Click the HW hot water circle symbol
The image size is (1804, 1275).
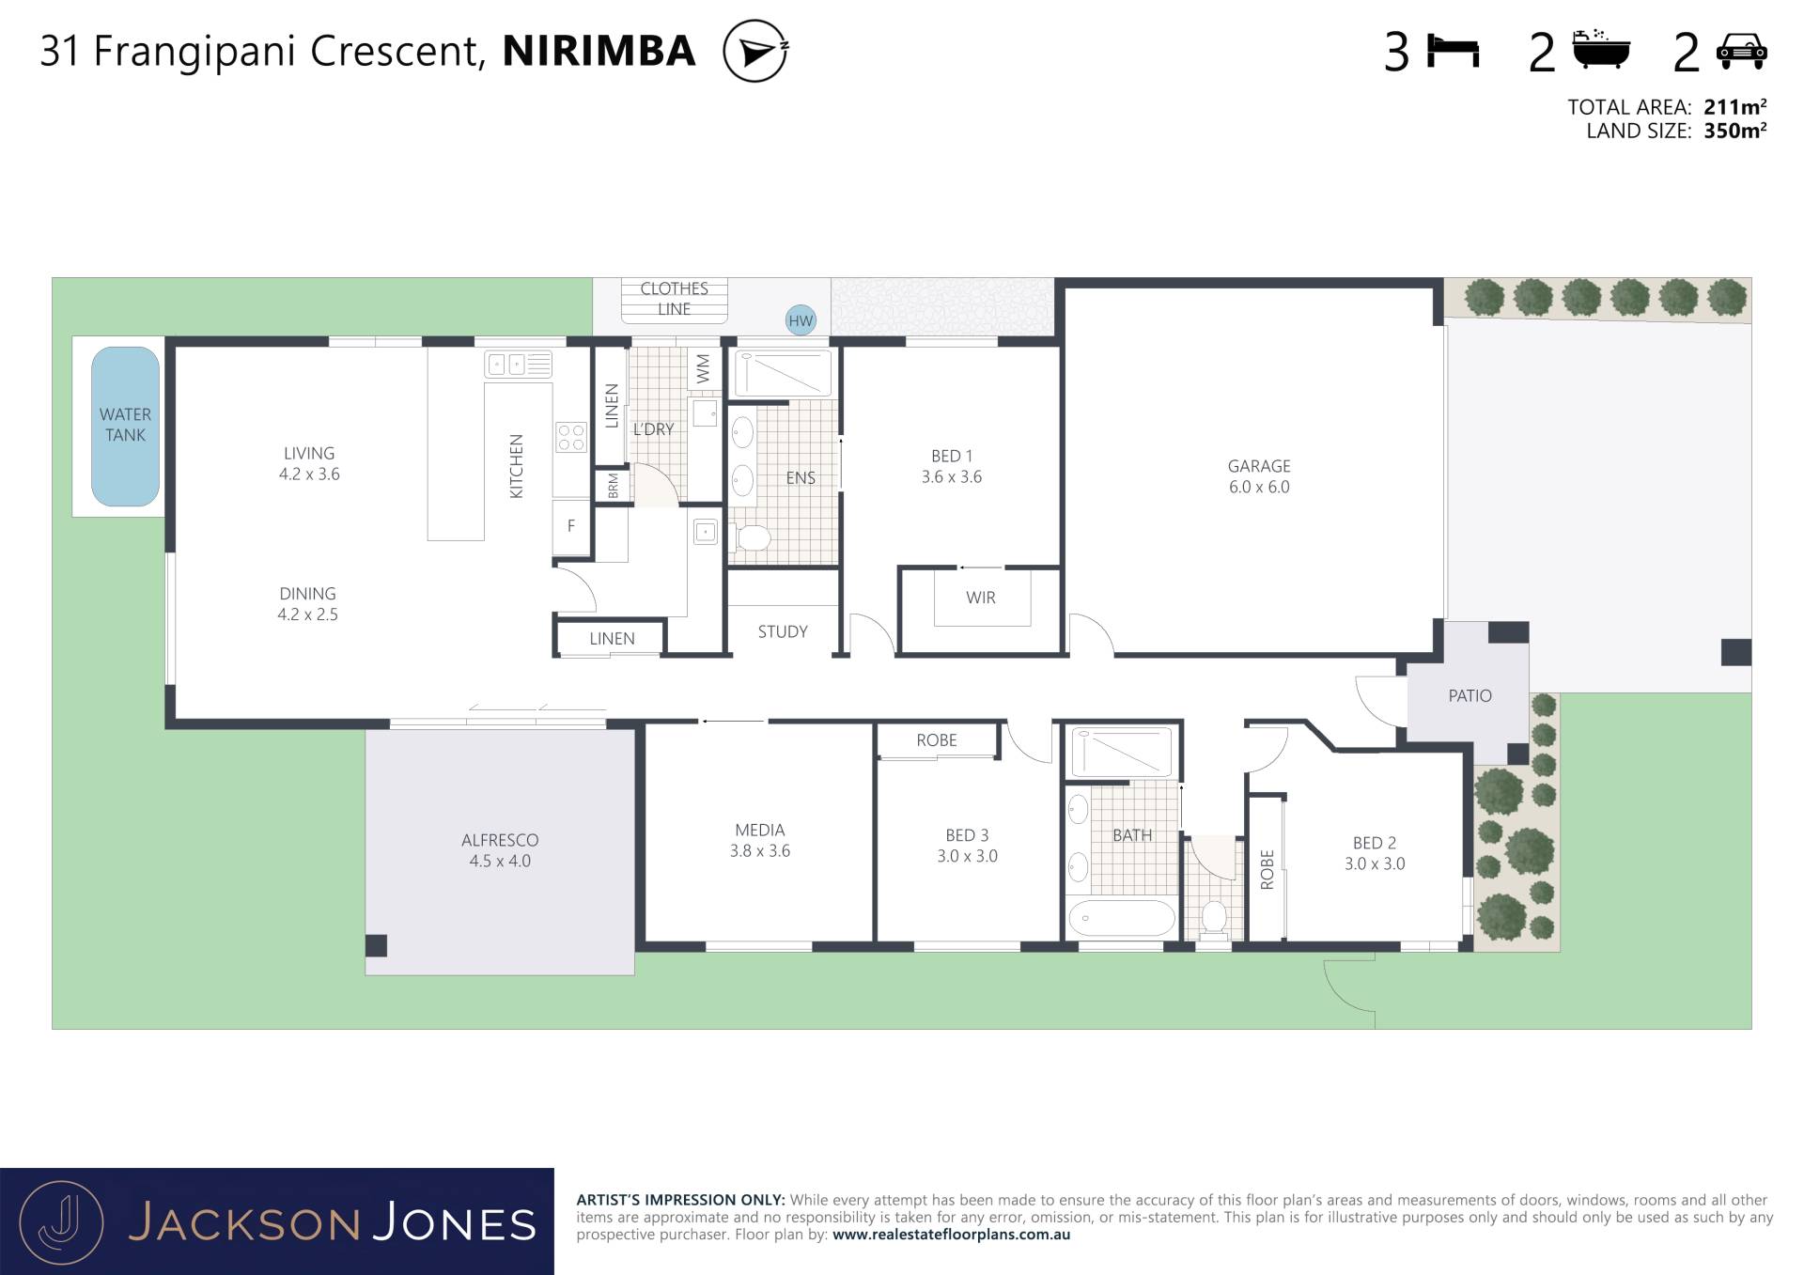(x=801, y=320)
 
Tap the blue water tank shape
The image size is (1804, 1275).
(x=125, y=427)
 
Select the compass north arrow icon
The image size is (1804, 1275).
(x=755, y=51)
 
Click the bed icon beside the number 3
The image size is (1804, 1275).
(x=1453, y=51)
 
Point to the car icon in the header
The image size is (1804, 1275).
(x=1741, y=52)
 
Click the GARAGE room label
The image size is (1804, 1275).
(x=1259, y=466)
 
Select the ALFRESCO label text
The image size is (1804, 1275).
(x=500, y=840)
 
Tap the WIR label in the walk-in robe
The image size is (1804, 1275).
(x=980, y=598)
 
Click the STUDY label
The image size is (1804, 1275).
(x=783, y=631)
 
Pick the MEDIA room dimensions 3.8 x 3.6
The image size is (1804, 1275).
(x=760, y=851)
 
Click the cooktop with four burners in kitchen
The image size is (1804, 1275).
(x=571, y=437)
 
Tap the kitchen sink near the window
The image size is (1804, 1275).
(x=518, y=365)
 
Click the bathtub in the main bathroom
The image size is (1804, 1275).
(x=1121, y=918)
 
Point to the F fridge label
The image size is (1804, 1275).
(x=570, y=526)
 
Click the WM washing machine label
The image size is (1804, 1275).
(x=703, y=368)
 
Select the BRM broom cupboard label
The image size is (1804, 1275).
(x=614, y=486)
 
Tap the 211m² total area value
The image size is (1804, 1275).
(x=1734, y=106)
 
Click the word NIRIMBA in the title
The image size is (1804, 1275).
(x=599, y=51)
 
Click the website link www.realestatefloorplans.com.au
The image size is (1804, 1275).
(x=951, y=1235)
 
